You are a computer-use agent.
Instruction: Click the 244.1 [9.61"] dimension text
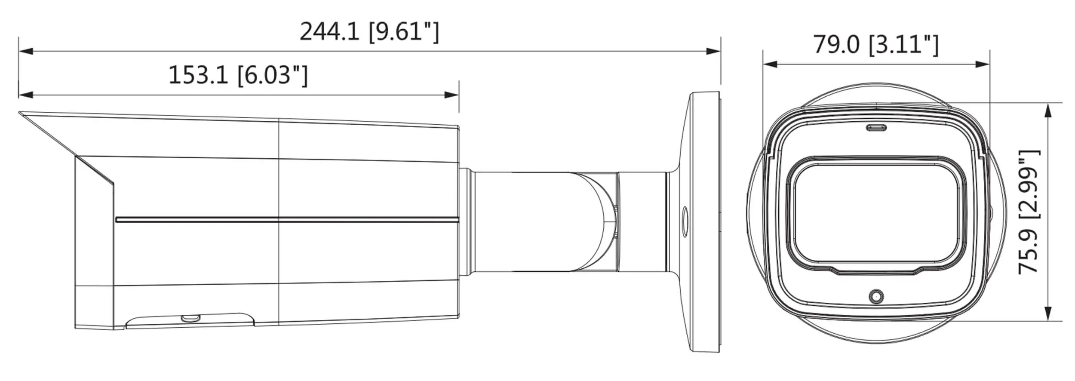click(369, 32)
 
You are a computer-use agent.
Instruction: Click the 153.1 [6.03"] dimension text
click(238, 75)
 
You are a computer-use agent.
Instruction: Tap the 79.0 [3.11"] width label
click(876, 45)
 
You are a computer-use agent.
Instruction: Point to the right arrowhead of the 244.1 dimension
click(713, 52)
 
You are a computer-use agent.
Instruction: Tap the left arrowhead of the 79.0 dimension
click(770, 65)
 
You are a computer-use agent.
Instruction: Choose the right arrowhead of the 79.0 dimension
click(983, 65)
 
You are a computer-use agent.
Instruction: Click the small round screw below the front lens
click(876, 296)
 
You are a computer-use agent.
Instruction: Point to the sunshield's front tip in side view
click(20, 113)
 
